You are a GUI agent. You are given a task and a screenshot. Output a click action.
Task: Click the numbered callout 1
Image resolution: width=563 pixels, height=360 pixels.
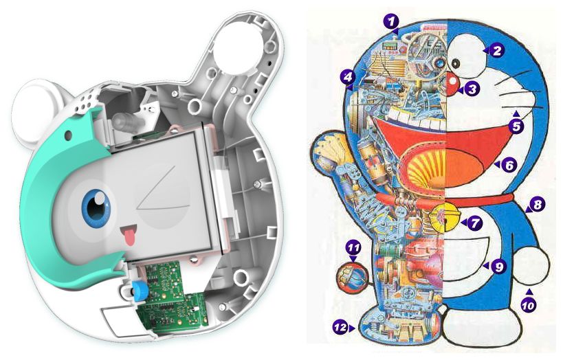tap(391, 21)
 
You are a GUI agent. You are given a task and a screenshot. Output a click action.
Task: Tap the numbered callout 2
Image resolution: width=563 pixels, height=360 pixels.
tap(496, 50)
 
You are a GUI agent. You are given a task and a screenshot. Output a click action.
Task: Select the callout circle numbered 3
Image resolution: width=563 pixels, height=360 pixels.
tap(472, 89)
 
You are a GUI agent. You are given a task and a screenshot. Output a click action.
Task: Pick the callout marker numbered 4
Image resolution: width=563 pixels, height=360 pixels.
tap(348, 76)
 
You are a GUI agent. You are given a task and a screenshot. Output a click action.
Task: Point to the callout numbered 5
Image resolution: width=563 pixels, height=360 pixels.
tap(516, 126)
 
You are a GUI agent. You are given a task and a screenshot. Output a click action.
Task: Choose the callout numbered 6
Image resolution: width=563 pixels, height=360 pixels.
tap(509, 165)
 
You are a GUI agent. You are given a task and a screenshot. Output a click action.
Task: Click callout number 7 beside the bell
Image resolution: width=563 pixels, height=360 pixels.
tap(475, 223)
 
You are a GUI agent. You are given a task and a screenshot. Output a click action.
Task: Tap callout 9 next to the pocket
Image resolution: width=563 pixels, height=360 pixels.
tap(498, 267)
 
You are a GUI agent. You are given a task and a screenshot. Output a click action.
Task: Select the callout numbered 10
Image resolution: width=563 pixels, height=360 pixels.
tap(528, 305)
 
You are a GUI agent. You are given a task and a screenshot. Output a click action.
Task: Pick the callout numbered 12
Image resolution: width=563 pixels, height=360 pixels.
tap(341, 327)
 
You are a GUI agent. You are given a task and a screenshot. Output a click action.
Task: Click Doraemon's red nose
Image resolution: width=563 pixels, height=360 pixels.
tap(452, 82)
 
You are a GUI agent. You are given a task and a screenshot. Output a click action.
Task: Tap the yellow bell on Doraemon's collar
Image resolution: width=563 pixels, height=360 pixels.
tap(445, 218)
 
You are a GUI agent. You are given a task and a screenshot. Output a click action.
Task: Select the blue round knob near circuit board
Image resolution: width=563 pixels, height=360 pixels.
tap(137, 289)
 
